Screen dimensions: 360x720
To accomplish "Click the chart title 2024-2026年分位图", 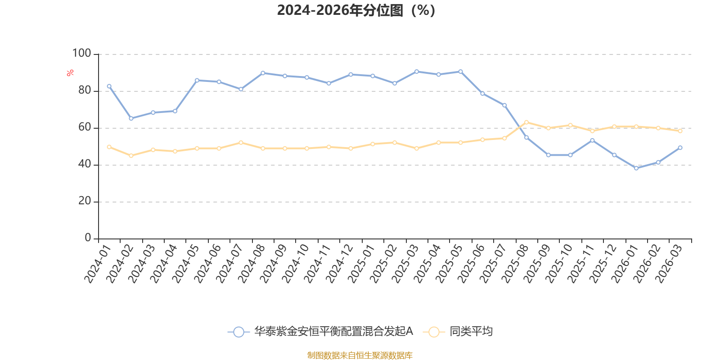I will pos(356,10).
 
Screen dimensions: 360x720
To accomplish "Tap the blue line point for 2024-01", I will pos(109,86).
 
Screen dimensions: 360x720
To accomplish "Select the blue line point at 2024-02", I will pos(131,118).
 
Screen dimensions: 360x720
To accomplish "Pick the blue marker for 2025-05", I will pos(460,71).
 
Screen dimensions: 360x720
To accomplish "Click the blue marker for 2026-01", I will pos(636,168).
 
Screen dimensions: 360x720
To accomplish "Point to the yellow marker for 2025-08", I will pos(526,122).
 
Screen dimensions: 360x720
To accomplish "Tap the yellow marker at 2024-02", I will pos(131,156).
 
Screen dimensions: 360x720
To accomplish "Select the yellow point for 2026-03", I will pos(680,131).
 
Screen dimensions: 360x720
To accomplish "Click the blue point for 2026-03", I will pos(680,148).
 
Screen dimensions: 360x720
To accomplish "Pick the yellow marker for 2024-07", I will pos(241,142).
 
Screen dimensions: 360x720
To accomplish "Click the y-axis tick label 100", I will pos(81,54).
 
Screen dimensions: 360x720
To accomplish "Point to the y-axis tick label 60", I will pos(84,127).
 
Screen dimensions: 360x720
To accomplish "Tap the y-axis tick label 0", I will pos(88,238).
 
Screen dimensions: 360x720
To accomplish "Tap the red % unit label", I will pos(70,73).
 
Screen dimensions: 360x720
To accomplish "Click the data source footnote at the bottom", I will pos(360,355).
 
